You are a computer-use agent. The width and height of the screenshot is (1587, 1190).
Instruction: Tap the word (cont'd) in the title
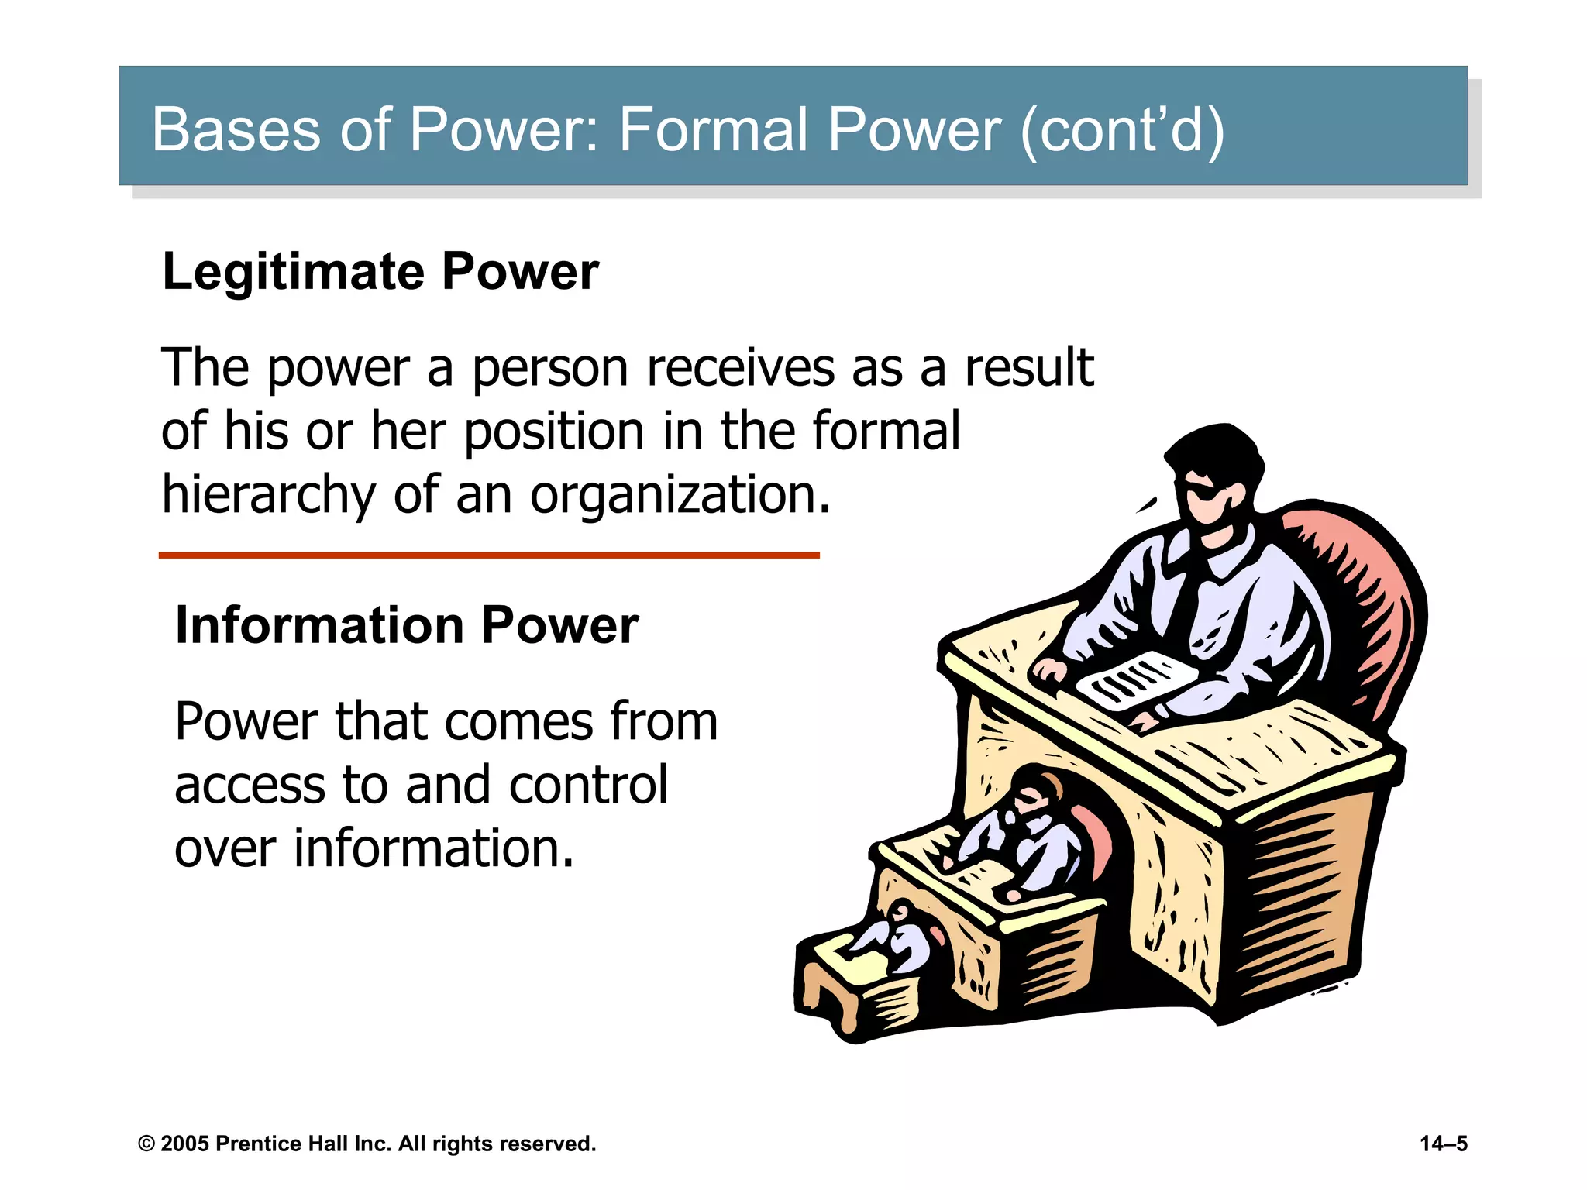(1123, 130)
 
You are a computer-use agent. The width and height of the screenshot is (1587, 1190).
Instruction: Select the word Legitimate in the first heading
(293, 273)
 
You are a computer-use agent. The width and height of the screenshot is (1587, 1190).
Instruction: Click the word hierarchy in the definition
(268, 496)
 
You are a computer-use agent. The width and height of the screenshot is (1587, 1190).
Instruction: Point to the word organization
(680, 496)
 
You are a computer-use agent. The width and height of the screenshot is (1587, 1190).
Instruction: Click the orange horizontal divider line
(488, 555)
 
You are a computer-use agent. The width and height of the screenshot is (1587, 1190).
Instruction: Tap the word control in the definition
(588, 786)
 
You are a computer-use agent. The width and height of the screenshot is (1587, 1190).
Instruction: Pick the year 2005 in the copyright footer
(184, 1144)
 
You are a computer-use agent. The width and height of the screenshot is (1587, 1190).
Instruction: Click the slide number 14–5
(1443, 1144)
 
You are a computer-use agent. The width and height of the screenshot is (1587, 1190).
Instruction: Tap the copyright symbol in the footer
(146, 1144)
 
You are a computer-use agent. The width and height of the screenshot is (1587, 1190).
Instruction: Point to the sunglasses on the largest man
(1206, 493)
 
